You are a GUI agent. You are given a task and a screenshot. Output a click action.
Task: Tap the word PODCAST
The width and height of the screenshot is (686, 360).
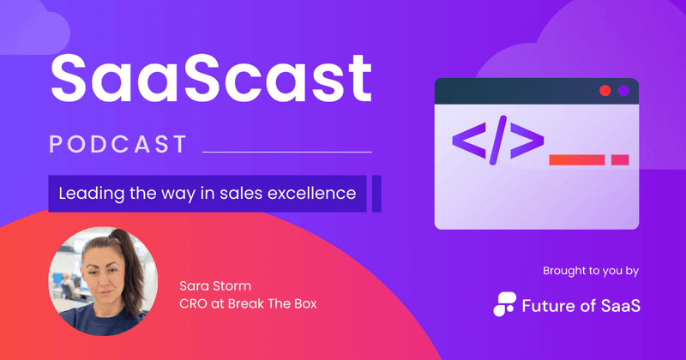coord(117,144)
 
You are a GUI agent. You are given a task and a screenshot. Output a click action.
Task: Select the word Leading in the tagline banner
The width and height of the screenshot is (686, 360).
coord(90,194)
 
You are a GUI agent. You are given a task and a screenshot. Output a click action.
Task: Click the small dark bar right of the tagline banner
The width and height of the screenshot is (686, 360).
coord(376,194)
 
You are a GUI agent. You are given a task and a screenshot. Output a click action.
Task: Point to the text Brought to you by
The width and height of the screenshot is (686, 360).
coord(591,271)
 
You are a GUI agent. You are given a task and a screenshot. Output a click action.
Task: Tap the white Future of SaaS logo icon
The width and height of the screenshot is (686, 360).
coord(505,304)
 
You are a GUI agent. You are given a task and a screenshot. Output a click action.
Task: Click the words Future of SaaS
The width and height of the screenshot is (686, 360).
coord(580,304)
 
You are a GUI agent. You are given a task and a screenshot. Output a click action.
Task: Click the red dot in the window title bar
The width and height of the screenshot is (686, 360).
coord(605,91)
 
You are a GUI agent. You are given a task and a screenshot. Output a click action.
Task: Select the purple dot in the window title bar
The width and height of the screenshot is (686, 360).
coord(623,91)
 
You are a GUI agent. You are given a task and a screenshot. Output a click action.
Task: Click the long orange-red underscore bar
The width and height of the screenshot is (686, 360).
coord(576,159)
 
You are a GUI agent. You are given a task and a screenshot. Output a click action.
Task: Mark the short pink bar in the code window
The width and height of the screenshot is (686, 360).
coord(620,159)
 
